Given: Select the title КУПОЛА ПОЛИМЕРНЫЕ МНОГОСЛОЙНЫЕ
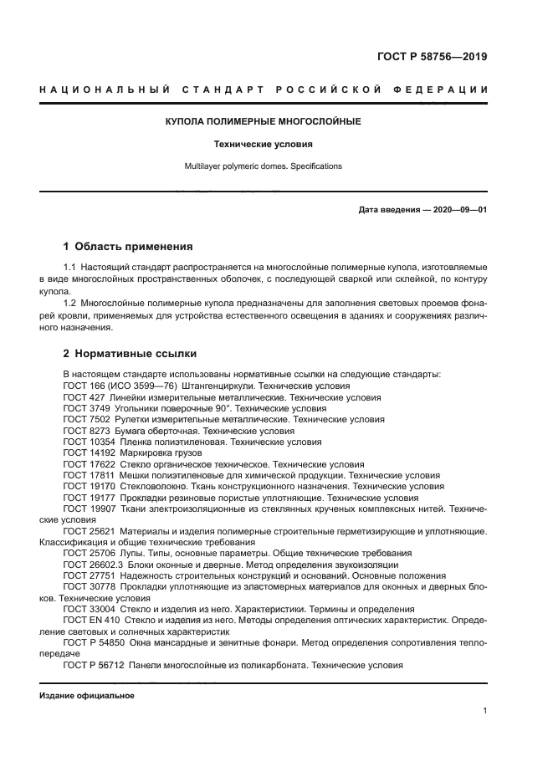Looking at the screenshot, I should click(263, 122).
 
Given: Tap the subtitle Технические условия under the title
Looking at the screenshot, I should click(263, 144).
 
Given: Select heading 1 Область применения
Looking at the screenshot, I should click(128, 247).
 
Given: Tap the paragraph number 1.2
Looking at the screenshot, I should click(69, 302).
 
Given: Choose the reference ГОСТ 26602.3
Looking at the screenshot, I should click(90, 565).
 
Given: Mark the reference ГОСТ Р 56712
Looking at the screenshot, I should click(90, 666).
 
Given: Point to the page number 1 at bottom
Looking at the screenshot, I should click(484, 711).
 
